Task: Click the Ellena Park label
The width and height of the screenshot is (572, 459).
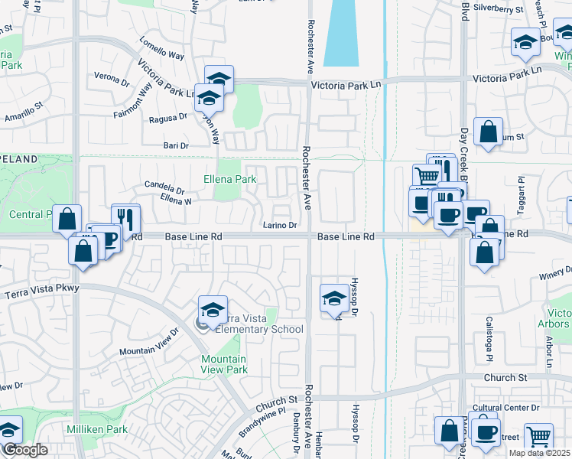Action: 229,179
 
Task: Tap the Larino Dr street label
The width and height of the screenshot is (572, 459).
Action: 280,225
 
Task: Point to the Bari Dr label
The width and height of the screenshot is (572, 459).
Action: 176,145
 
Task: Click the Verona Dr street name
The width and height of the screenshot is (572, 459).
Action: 112,79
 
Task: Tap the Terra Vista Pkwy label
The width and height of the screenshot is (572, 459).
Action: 41,291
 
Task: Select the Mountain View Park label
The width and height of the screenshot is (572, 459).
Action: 224,364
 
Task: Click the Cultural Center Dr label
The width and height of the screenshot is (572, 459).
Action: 507,408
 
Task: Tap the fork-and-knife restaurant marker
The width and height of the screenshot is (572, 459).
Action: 125,219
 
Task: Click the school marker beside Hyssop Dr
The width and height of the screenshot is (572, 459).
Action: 333,299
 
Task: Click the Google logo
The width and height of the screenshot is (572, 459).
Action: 26,450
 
